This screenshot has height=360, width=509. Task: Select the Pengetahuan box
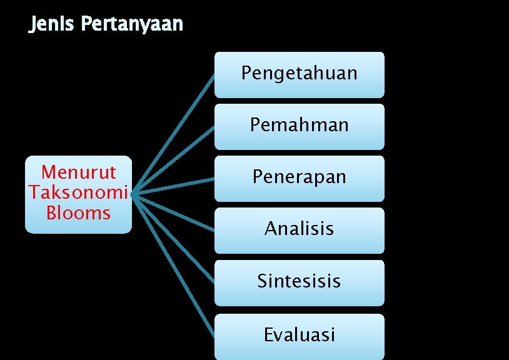(x=300, y=74)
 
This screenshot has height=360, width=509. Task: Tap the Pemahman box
(x=300, y=126)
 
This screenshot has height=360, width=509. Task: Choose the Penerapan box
(x=300, y=177)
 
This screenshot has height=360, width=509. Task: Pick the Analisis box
(x=300, y=229)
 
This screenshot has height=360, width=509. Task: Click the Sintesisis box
(x=300, y=281)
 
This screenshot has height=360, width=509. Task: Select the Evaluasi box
(x=300, y=335)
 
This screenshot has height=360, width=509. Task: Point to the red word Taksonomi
(x=78, y=192)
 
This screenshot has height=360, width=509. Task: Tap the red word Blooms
(x=78, y=212)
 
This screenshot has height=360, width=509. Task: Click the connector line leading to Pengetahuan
(x=174, y=134)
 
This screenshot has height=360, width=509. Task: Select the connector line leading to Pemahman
(x=174, y=159)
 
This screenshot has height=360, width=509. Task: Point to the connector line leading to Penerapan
(x=174, y=186)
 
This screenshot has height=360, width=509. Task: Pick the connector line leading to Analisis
(x=174, y=211)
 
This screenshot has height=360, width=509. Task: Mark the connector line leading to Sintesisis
(x=174, y=237)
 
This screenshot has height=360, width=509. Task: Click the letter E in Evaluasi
(x=269, y=335)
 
